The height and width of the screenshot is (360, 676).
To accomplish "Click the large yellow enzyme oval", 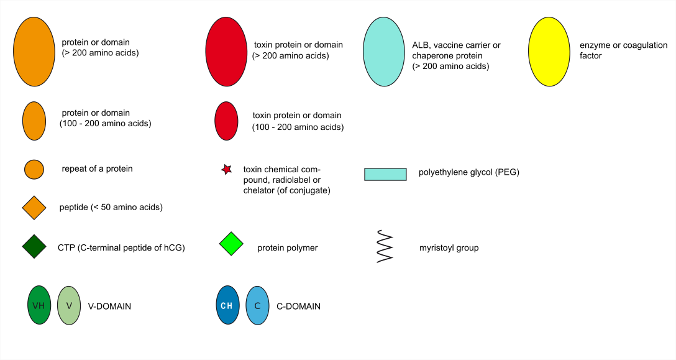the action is [549, 52].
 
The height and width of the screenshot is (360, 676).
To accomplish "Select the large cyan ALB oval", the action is [384, 52].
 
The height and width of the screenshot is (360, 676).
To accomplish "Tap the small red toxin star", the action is [226, 170].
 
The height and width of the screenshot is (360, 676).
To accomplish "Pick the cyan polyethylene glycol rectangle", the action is [385, 174].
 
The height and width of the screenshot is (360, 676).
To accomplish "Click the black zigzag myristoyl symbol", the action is [385, 246].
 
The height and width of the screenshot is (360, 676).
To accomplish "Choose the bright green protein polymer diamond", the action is [231, 244].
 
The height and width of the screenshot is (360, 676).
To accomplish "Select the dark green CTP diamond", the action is [34, 246].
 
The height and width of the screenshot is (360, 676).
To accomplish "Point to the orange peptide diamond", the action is [34, 208].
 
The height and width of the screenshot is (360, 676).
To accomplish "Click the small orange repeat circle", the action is [34, 169].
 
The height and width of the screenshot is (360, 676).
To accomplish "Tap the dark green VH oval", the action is [39, 305].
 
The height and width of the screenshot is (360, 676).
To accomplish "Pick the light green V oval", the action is [69, 305].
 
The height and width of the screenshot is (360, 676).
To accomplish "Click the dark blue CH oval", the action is [227, 305].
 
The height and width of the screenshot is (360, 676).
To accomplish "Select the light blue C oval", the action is [257, 305].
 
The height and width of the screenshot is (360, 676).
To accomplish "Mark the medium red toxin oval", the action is [226, 121].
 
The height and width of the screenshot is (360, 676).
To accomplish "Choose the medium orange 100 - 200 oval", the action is [34, 121].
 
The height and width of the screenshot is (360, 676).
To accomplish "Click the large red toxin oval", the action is [226, 52].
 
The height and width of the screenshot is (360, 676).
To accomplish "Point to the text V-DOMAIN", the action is [109, 307].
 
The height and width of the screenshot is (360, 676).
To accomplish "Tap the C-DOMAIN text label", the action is [298, 307].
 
